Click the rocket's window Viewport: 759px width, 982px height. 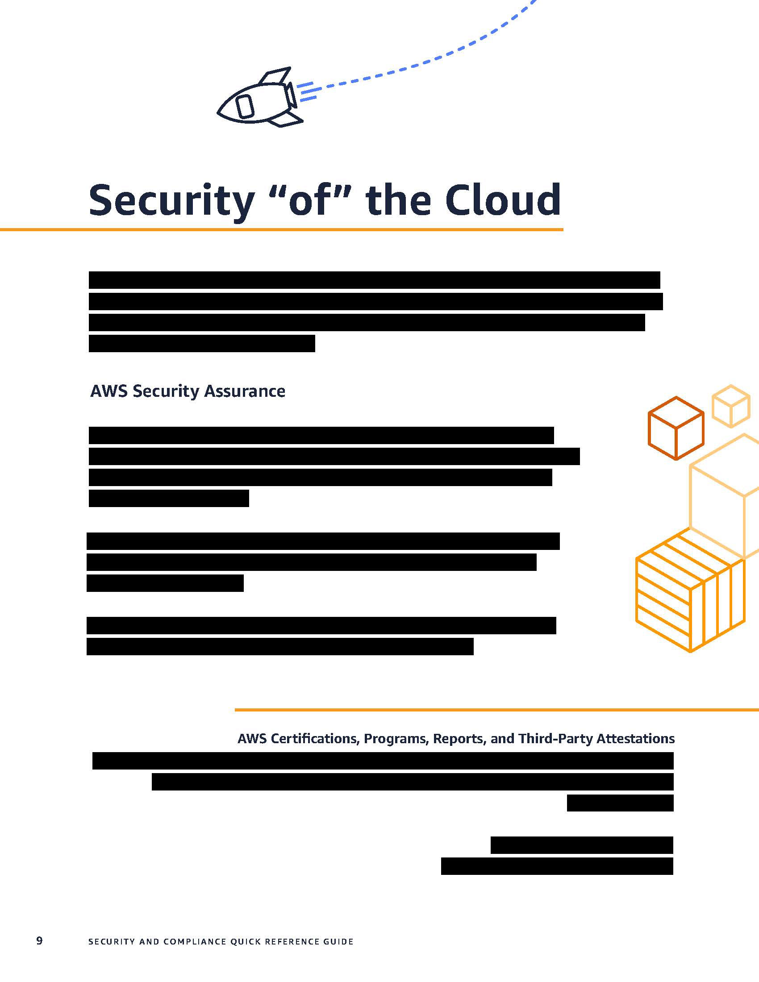tap(245, 106)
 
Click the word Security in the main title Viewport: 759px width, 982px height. tap(171, 201)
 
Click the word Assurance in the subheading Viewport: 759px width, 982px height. tap(245, 391)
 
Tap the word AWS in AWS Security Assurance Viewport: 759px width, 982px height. tap(109, 391)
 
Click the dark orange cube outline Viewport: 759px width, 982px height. tap(676, 428)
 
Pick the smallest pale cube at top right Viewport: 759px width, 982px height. tap(731, 406)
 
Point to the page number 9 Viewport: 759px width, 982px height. tap(40, 940)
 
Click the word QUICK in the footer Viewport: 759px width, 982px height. tap(245, 941)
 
